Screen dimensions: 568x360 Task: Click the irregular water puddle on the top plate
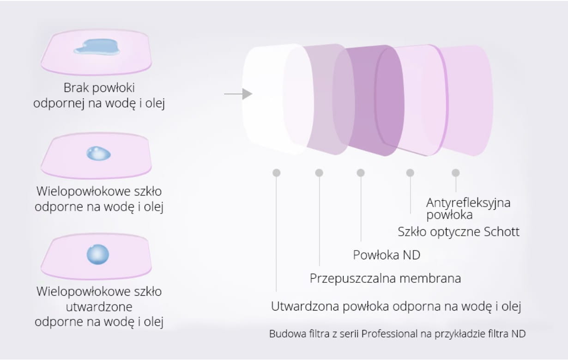(97, 47)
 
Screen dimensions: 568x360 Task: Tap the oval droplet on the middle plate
(98, 153)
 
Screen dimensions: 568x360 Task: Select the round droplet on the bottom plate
(98, 255)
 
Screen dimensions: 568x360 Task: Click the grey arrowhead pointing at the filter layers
(247, 94)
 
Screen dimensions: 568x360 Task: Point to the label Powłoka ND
(387, 255)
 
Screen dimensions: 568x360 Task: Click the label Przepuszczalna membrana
(385, 279)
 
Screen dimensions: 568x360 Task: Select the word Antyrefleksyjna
(468, 203)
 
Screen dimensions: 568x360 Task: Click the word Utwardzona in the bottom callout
(305, 306)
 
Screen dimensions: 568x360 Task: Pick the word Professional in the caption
(389, 334)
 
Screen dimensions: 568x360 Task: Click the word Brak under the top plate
(76, 88)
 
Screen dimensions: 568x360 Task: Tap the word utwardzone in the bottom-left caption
(99, 307)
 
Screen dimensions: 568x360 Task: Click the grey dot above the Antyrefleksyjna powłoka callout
(456, 173)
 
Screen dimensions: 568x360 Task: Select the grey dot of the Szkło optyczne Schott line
(410, 173)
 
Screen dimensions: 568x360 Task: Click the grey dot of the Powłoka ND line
(361, 173)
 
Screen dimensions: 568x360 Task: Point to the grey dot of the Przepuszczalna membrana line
(319, 173)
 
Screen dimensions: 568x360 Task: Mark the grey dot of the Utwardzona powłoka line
(277, 173)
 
